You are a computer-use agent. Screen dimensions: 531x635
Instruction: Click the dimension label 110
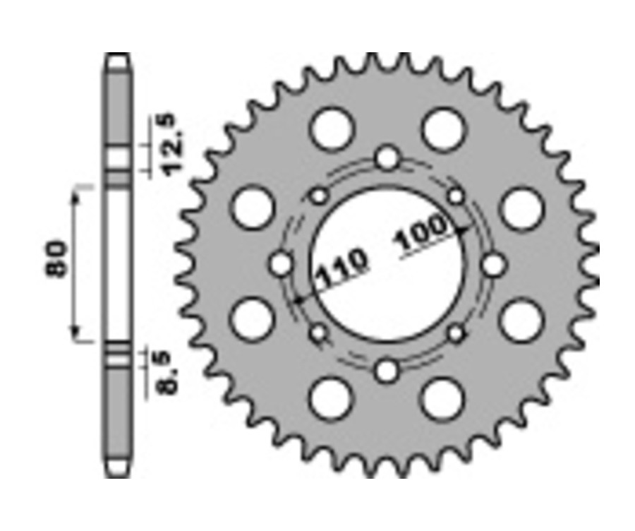(342, 268)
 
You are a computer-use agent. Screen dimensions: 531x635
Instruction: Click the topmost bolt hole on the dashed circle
(387, 157)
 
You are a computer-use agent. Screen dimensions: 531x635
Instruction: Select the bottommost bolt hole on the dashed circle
(386, 371)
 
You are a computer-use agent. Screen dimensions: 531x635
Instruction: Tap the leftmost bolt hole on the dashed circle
(281, 265)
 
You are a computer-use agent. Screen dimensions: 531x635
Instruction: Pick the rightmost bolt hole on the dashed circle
(493, 265)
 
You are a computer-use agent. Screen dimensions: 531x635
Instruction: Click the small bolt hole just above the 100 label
(456, 195)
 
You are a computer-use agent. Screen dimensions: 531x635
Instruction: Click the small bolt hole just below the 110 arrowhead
(320, 331)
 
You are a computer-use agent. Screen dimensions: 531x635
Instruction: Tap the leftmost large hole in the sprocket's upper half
(253, 209)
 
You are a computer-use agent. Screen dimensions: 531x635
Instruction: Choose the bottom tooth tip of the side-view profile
(118, 474)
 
